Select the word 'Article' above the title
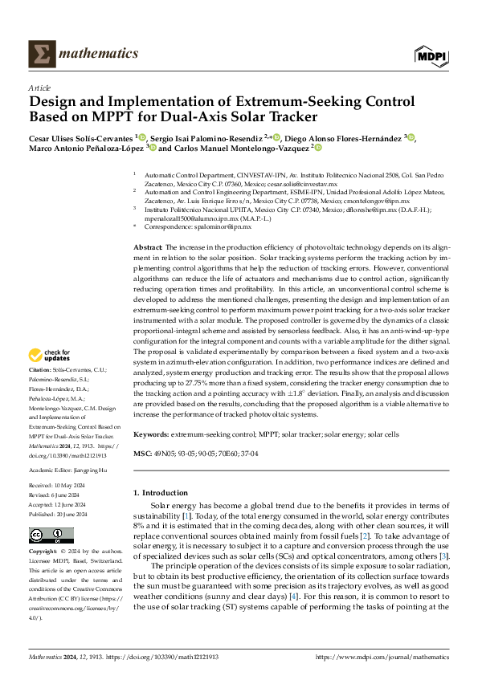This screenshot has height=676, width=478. [40, 88]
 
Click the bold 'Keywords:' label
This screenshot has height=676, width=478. [152, 434]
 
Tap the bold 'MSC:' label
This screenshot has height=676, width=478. [142, 454]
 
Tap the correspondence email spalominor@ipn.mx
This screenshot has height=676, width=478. [220, 227]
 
